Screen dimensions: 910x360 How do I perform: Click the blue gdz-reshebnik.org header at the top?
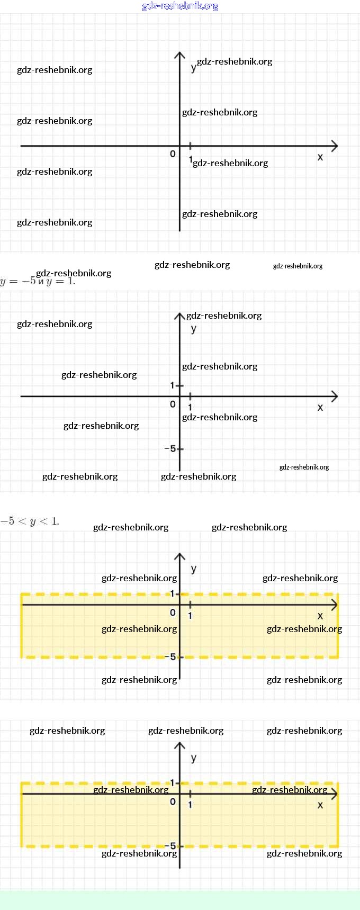click(180, 6)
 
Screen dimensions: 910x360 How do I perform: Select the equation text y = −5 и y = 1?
click(38, 281)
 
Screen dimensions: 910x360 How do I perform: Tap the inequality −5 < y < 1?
click(30, 521)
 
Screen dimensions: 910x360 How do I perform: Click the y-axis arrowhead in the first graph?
click(179, 54)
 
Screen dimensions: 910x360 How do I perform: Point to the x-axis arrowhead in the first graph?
click(335, 146)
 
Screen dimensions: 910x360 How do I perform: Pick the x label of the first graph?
click(320, 157)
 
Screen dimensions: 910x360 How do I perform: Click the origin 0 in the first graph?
click(173, 154)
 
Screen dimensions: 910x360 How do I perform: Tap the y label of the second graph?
click(194, 329)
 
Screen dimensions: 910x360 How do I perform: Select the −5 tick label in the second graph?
click(170, 448)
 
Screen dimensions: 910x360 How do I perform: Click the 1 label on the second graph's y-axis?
click(172, 385)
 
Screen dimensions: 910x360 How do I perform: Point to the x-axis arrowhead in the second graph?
click(335, 396)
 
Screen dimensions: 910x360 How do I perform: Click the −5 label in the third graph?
click(170, 657)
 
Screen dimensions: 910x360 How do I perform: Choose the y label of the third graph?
click(194, 569)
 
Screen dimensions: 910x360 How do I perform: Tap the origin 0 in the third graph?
click(173, 612)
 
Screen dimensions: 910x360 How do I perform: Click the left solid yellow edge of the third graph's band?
click(22, 626)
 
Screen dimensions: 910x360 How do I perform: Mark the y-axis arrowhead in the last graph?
click(179, 744)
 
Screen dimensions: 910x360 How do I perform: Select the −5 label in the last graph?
click(170, 846)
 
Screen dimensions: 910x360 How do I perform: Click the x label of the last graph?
click(320, 805)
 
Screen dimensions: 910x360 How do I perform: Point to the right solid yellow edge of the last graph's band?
click(337, 815)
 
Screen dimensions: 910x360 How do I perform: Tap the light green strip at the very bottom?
click(180, 900)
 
